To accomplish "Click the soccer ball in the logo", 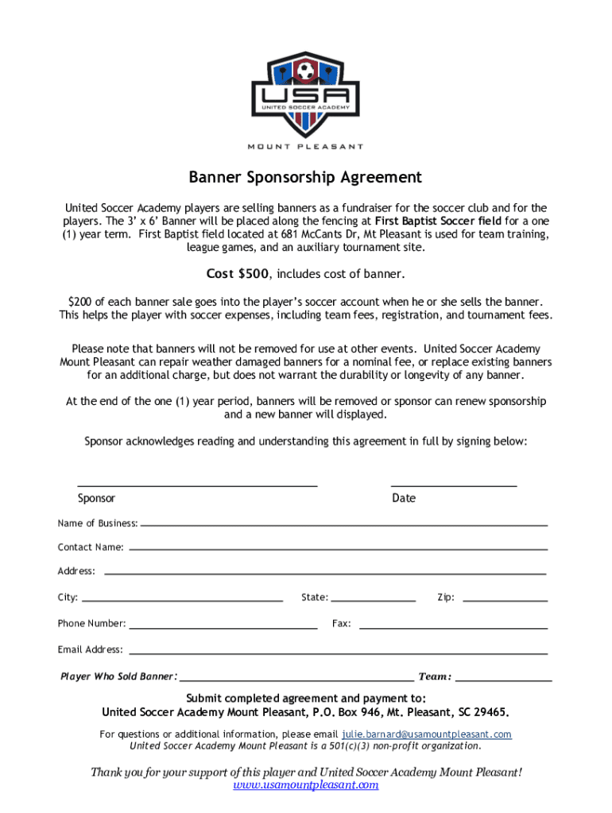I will (x=305, y=74).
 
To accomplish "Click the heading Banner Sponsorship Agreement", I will (x=305, y=177).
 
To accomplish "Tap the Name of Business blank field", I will (x=343, y=524).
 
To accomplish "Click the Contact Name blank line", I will (x=338, y=548).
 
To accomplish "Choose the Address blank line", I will (x=325, y=572).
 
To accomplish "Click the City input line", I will (x=182, y=599).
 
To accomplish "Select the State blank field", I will (x=373, y=599).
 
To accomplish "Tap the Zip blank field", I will (x=505, y=599).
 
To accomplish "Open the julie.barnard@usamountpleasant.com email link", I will (x=427, y=734).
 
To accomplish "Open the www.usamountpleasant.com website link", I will (x=306, y=785).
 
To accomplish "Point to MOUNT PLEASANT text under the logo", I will (x=306, y=146).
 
